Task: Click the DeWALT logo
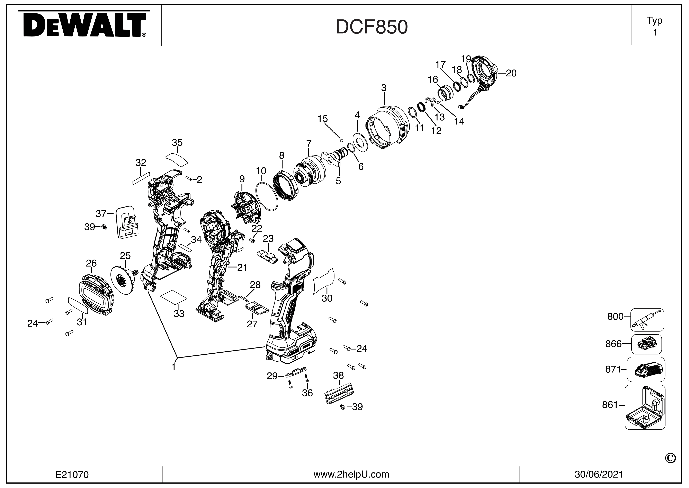tap(84, 25)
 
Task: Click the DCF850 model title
tap(372, 27)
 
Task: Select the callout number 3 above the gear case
tap(384, 88)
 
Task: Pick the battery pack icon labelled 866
tap(646, 344)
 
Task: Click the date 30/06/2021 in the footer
tap(599, 474)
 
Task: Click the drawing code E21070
tap(72, 474)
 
